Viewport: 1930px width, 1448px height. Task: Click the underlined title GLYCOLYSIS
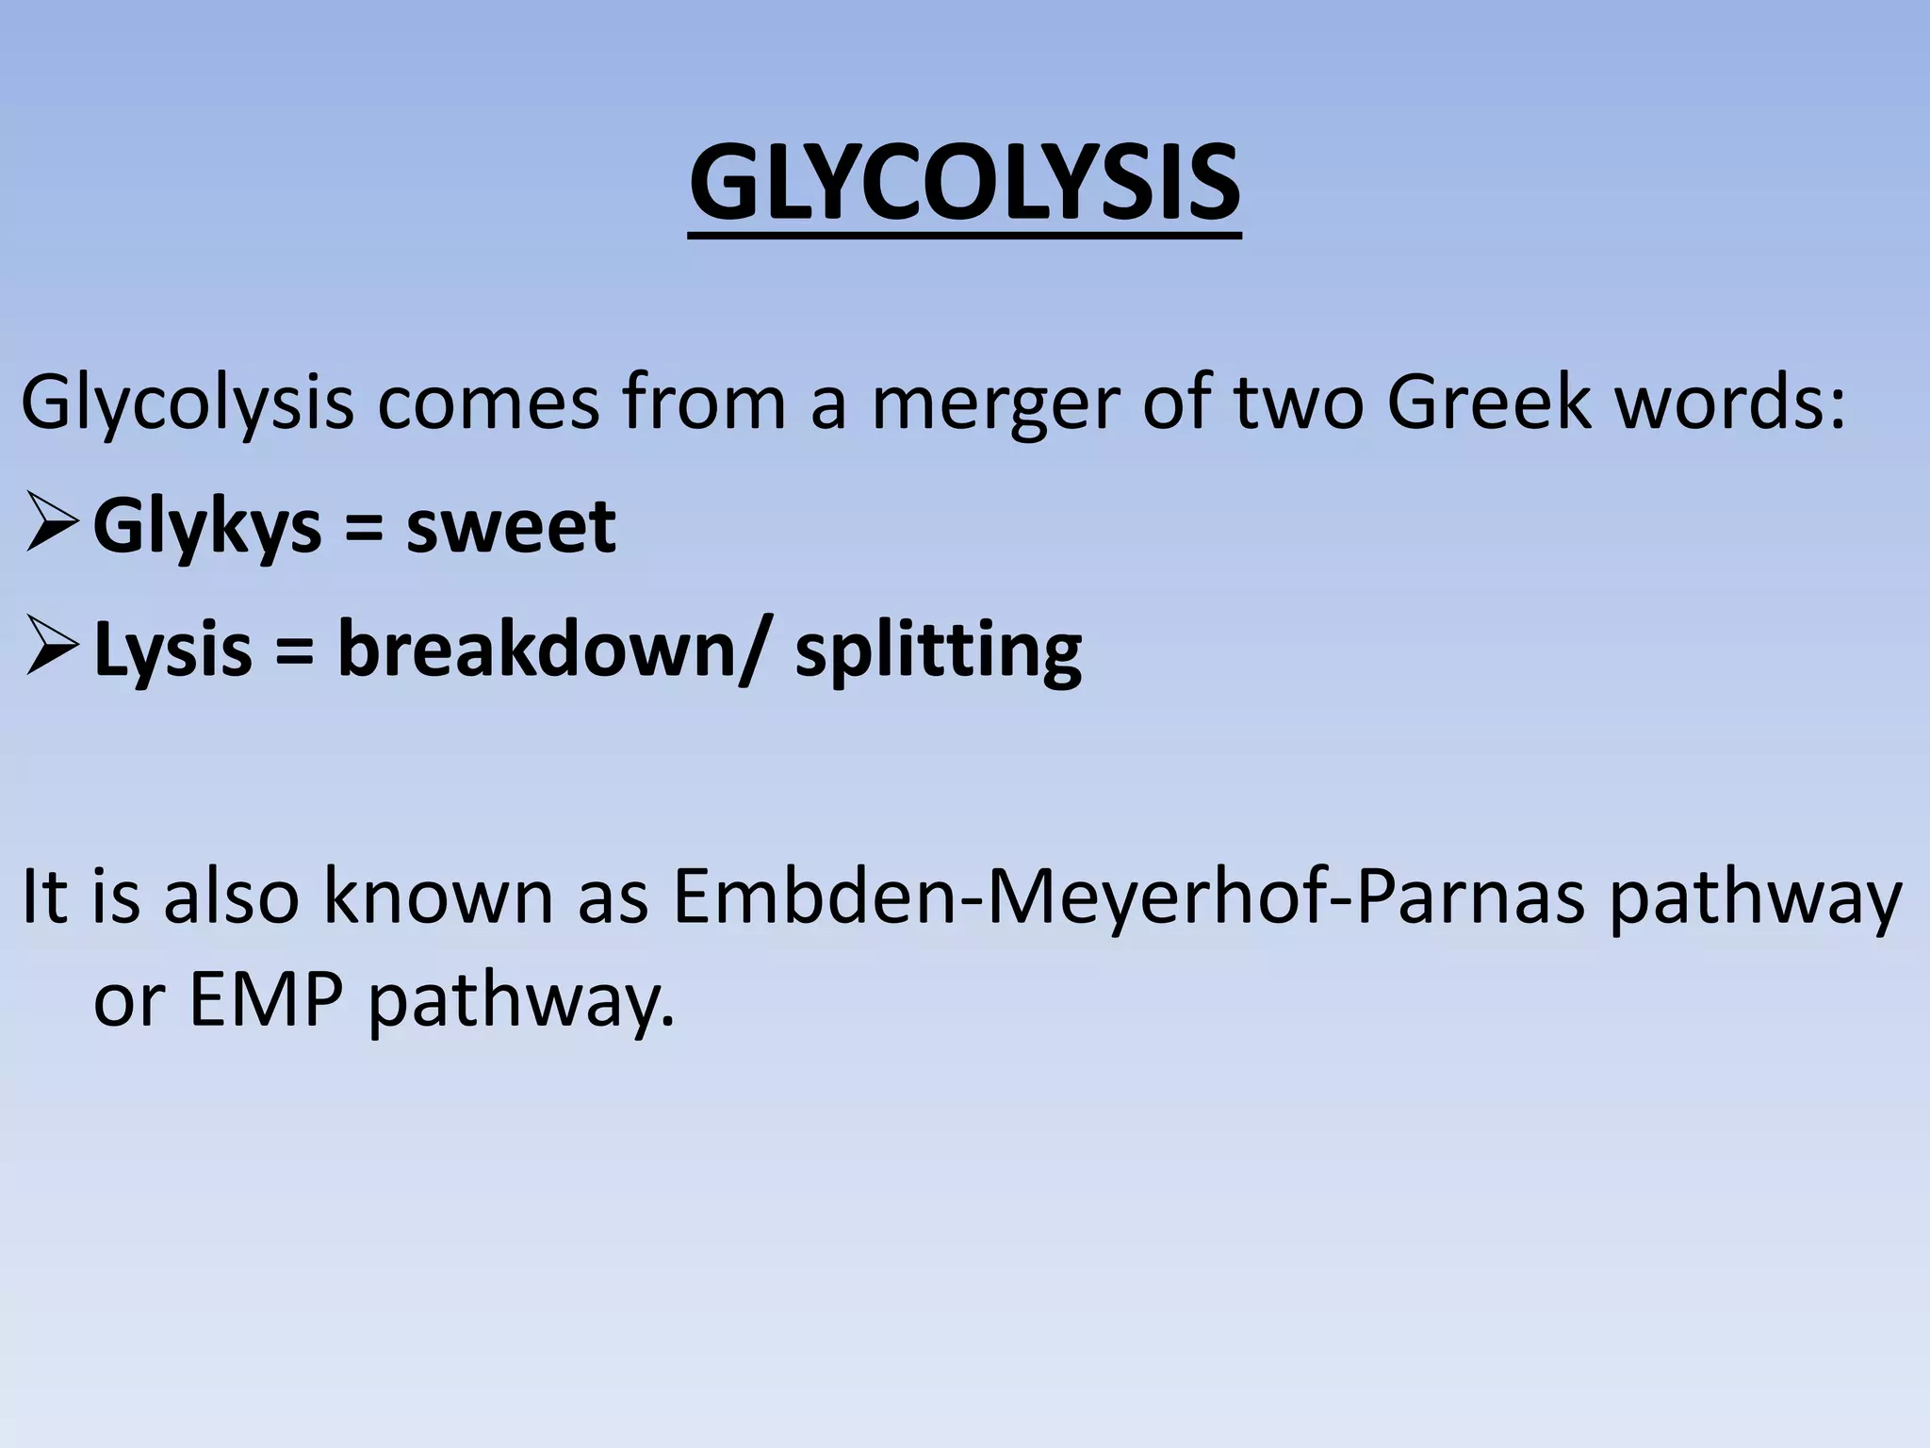(x=964, y=184)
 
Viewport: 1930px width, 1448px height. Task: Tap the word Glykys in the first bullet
(x=206, y=528)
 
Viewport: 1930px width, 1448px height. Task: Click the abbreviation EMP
(x=266, y=1001)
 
